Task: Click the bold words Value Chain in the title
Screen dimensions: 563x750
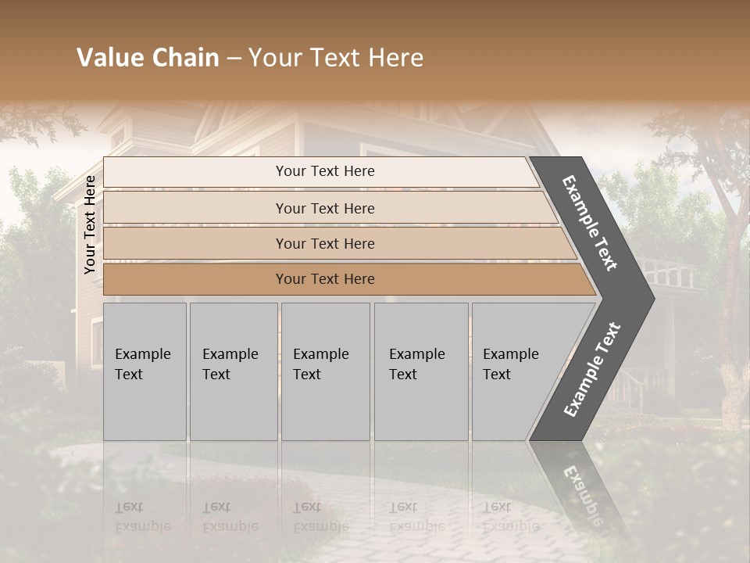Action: (148, 58)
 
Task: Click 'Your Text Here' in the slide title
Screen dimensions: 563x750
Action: (336, 58)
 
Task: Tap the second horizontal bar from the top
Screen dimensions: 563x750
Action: (325, 208)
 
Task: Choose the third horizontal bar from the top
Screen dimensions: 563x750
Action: (325, 244)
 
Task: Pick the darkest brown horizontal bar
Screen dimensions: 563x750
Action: (325, 279)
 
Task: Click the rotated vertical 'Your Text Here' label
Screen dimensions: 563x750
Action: (90, 224)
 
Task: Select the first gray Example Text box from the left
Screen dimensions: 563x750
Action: (145, 371)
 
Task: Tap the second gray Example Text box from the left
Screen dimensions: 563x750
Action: (233, 371)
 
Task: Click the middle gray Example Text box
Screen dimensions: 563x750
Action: (325, 371)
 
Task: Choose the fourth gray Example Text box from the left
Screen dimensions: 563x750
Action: (420, 371)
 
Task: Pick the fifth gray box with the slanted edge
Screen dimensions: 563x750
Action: (516, 371)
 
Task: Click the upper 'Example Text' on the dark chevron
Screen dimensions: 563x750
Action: (590, 223)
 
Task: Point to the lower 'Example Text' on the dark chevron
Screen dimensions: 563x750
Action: (592, 370)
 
